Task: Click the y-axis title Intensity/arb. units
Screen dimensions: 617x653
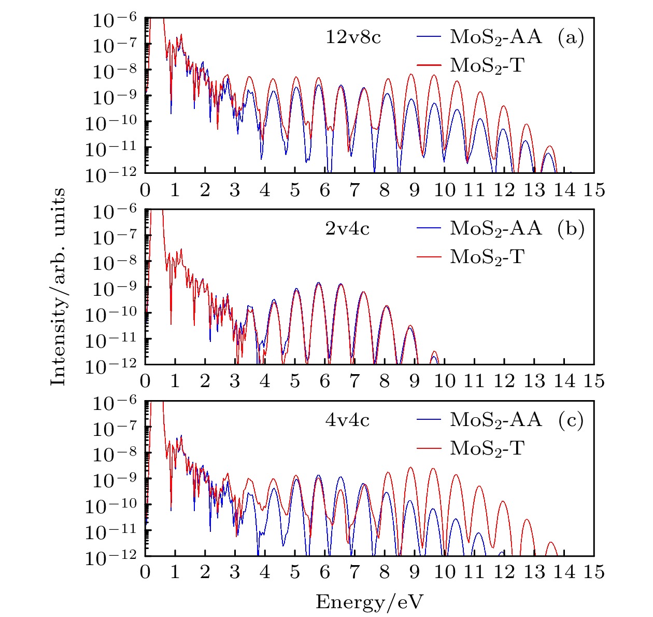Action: [x=59, y=287]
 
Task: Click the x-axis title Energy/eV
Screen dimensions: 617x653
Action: [x=370, y=602]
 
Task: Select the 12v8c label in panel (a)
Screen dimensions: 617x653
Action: [x=353, y=37]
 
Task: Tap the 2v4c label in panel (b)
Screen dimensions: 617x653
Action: [x=347, y=228]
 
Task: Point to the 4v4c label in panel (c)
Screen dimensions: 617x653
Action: [x=347, y=419]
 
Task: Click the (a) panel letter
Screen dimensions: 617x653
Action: [x=571, y=37]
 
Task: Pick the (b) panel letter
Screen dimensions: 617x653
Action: [x=571, y=228]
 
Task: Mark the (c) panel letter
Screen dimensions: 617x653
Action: [x=571, y=419]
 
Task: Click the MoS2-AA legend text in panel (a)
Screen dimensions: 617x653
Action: [x=496, y=37]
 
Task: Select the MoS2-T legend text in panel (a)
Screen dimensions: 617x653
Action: [x=487, y=65]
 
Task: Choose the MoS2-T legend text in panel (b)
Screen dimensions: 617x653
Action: [x=487, y=256]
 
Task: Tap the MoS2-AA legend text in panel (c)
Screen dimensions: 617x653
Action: [x=496, y=419]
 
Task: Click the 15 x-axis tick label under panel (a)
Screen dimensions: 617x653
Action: [x=594, y=190]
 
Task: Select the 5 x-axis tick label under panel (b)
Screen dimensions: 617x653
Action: [x=295, y=381]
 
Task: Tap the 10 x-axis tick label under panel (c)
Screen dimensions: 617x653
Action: [x=444, y=572]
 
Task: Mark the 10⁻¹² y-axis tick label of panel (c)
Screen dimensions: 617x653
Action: [x=112, y=557]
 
